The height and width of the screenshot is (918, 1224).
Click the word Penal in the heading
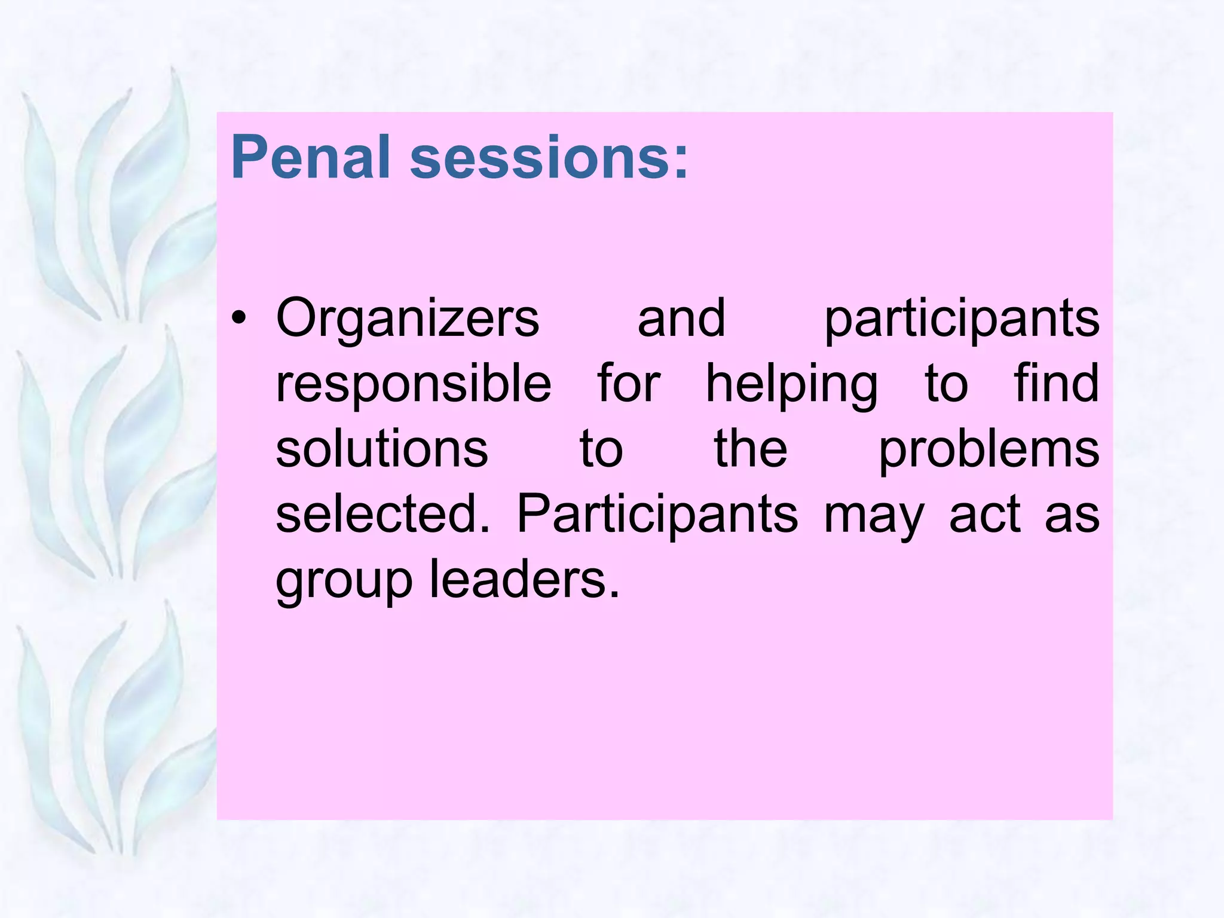tap(310, 157)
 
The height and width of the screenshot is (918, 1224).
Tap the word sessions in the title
tap(540, 157)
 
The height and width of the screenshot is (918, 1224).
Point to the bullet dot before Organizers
tap(239, 319)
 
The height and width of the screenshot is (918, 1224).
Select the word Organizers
tap(408, 319)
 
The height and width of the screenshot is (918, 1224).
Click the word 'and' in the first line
tap(681, 319)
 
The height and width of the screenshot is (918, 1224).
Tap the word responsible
tap(414, 384)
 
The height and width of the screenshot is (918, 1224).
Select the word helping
tap(792, 384)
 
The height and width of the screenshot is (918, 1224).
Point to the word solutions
tap(382, 449)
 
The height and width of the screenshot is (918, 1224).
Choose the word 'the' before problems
tap(751, 449)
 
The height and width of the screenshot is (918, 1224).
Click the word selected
tap(382, 515)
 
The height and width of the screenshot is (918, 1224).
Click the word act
tap(984, 515)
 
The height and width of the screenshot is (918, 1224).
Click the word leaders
tap(525, 580)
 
